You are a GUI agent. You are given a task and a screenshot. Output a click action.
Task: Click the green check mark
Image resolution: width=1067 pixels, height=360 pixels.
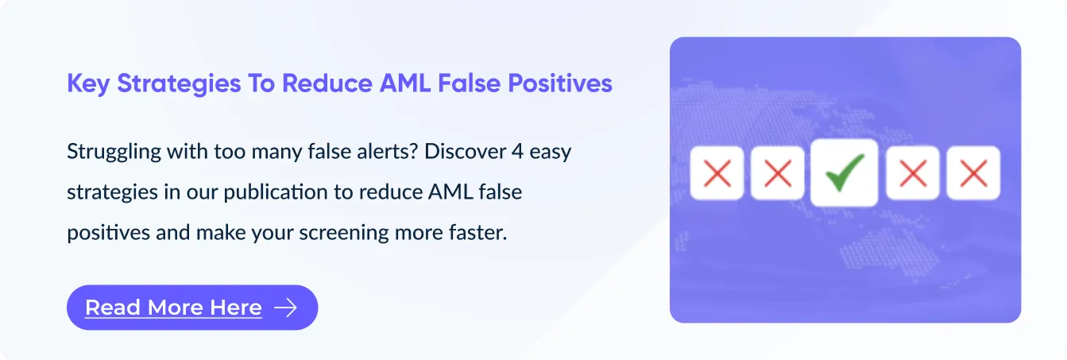(x=845, y=173)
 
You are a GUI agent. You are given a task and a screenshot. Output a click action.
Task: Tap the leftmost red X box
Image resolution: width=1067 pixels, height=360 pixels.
(x=717, y=173)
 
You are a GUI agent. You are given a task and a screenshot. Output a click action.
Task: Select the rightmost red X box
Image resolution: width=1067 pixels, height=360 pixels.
(x=973, y=173)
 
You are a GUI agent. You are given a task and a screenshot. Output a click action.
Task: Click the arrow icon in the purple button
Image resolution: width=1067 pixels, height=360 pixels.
(x=286, y=308)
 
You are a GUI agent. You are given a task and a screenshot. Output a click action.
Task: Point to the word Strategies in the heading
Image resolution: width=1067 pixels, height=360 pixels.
(x=179, y=84)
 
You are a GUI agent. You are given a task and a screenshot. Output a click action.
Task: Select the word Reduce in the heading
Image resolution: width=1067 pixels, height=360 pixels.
(x=327, y=83)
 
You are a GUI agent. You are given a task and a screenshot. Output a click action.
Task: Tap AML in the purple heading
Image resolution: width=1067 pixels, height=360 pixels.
(x=405, y=83)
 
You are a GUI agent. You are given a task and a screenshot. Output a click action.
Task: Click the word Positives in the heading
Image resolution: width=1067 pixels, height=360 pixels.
(x=560, y=83)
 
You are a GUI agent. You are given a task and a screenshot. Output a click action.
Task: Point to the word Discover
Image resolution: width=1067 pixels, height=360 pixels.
(x=465, y=152)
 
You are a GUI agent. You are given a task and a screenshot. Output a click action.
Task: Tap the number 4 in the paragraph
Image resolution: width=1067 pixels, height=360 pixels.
(x=517, y=152)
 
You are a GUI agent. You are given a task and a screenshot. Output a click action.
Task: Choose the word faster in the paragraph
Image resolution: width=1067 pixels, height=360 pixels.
(x=479, y=232)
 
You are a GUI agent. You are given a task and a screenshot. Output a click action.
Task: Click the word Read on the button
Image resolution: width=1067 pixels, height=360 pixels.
(x=114, y=308)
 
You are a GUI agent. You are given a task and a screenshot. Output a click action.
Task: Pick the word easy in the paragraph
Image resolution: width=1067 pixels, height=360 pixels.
(x=550, y=153)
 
